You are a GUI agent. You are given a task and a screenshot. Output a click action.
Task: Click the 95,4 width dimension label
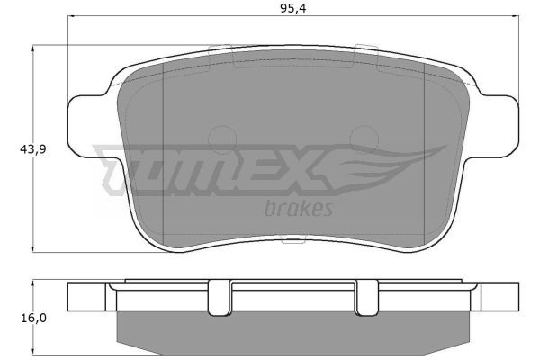pos(292,9)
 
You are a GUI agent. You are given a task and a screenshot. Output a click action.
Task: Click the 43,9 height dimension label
pos(33,149)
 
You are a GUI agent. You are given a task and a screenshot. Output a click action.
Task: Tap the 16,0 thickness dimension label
pos(34,318)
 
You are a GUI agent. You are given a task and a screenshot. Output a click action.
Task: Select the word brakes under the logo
pos(299,208)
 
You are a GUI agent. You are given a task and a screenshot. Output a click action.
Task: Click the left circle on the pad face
pos(222,139)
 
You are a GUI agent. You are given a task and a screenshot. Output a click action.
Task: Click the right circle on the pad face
pos(364,139)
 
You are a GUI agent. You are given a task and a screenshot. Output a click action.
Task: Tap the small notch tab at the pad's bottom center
pos(293,239)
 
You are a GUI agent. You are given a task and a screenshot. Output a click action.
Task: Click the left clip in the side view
pos(220,298)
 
